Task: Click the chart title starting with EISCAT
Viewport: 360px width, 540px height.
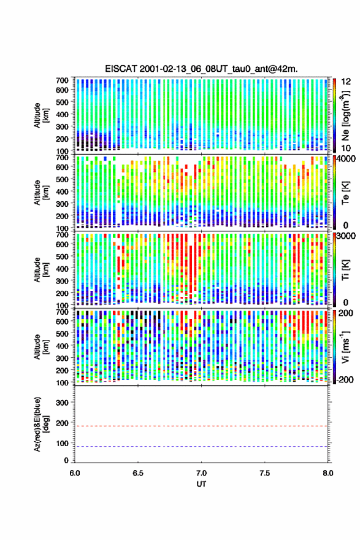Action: tap(201, 69)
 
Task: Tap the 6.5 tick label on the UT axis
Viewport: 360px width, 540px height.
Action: tap(138, 473)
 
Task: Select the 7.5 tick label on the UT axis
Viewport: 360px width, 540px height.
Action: tap(265, 473)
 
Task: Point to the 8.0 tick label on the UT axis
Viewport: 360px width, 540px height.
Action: tap(328, 473)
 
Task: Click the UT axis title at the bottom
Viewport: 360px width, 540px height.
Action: tap(201, 484)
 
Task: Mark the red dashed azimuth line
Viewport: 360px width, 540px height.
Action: tap(201, 426)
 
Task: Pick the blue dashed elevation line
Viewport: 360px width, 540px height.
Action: tap(201, 446)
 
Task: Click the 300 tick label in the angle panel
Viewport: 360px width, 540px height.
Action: tap(62, 403)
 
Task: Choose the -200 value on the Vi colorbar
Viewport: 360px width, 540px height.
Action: tap(345, 379)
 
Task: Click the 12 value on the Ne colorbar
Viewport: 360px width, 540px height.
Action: tap(347, 81)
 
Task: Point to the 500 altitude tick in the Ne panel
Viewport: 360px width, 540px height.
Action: tap(62, 102)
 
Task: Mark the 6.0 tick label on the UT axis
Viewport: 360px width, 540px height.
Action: tap(75, 473)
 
